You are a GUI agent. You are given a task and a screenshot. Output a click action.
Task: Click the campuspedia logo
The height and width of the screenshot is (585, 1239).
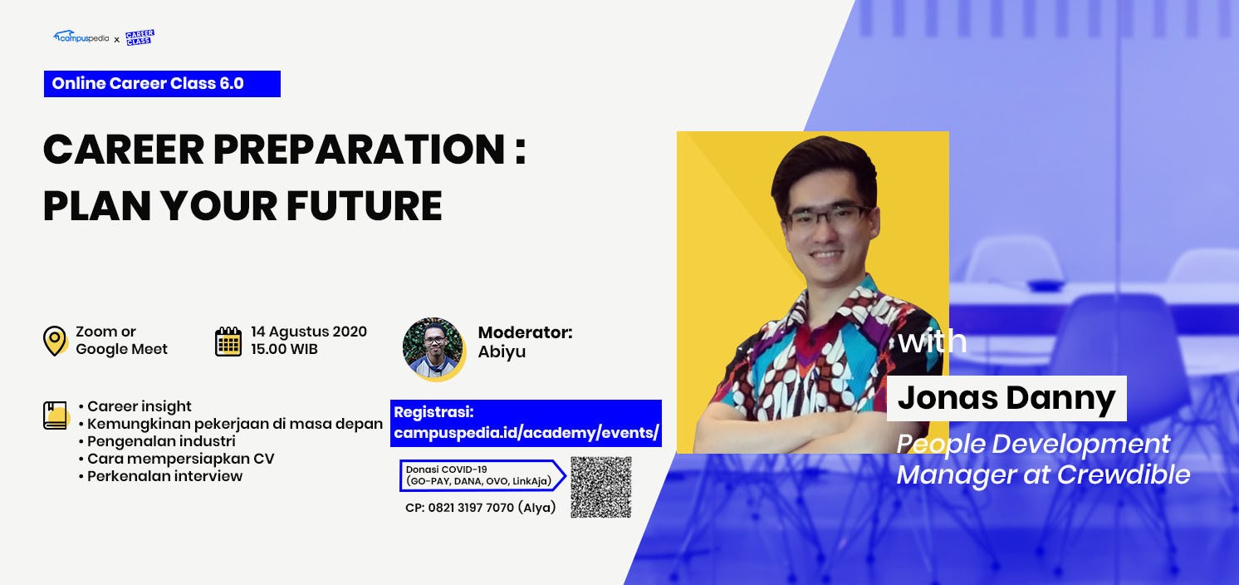(81, 37)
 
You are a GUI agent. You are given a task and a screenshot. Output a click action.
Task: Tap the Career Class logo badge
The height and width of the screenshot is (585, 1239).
(140, 37)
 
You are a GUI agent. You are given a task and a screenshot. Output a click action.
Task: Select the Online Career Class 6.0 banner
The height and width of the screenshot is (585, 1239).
(162, 84)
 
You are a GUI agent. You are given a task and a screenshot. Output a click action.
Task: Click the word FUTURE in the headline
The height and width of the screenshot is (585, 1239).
(364, 206)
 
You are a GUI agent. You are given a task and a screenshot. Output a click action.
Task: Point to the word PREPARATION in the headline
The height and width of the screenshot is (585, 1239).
(359, 150)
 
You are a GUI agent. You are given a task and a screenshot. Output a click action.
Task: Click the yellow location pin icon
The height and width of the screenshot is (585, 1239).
(55, 341)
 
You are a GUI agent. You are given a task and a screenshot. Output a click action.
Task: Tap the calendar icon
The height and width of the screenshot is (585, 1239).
(228, 341)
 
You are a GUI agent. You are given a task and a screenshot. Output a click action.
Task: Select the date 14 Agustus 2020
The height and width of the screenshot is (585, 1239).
(309, 332)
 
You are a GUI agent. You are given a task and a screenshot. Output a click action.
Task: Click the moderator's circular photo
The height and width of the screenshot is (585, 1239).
(433, 349)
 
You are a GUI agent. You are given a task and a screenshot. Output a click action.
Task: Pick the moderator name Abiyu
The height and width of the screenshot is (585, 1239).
(502, 352)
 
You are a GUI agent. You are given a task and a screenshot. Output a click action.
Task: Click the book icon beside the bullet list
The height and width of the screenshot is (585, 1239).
(56, 415)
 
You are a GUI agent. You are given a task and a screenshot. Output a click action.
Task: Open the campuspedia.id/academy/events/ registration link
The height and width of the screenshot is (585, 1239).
(526, 433)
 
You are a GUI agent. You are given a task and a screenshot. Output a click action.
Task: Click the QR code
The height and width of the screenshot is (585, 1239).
(600, 487)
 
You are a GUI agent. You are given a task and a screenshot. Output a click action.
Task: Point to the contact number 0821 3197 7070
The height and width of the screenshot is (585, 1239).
(471, 508)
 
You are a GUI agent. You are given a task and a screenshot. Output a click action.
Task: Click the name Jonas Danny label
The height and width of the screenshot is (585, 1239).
(1006, 399)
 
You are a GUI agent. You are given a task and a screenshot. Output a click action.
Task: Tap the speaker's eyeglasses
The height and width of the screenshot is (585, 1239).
(827, 216)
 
